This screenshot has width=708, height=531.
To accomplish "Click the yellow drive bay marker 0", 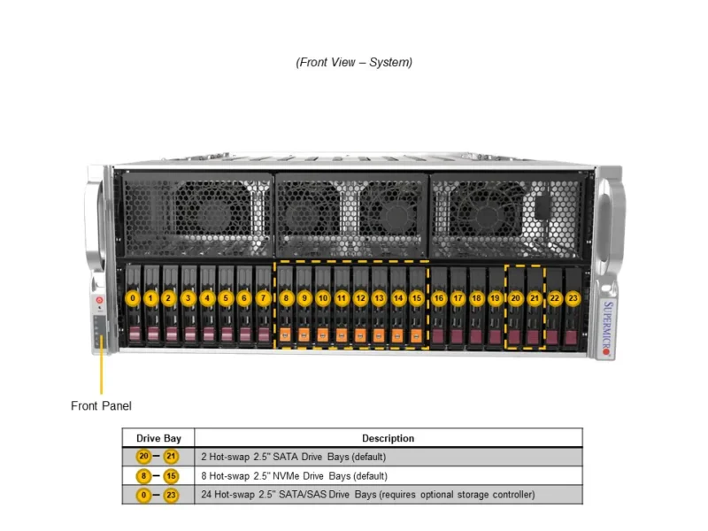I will point(132,298).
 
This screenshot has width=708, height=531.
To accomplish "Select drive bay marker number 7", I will point(263,298).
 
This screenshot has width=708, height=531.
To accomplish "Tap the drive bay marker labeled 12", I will point(360,298).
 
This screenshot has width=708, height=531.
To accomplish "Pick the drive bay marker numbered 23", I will point(573,298).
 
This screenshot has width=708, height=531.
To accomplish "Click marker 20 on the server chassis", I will point(516,298).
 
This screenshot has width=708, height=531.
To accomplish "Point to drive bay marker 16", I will point(439,298).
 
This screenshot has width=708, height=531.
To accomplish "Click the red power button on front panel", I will point(100,301).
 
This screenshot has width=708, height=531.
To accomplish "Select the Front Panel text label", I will point(101,406).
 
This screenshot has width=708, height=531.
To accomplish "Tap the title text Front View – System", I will point(354,62).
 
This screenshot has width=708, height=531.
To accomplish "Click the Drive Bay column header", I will point(158,438).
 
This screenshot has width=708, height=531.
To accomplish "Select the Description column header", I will point(388,438).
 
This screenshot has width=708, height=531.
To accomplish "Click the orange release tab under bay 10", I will point(323,335).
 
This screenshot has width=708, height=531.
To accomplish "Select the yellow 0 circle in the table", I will point(145,494).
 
